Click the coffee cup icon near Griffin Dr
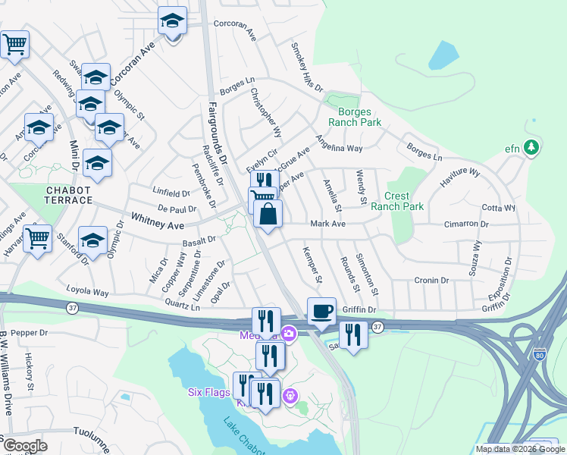point(321,311)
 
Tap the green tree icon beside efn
point(532,146)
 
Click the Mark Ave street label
point(327,224)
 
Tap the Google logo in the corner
point(24,446)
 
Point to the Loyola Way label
point(88,292)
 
